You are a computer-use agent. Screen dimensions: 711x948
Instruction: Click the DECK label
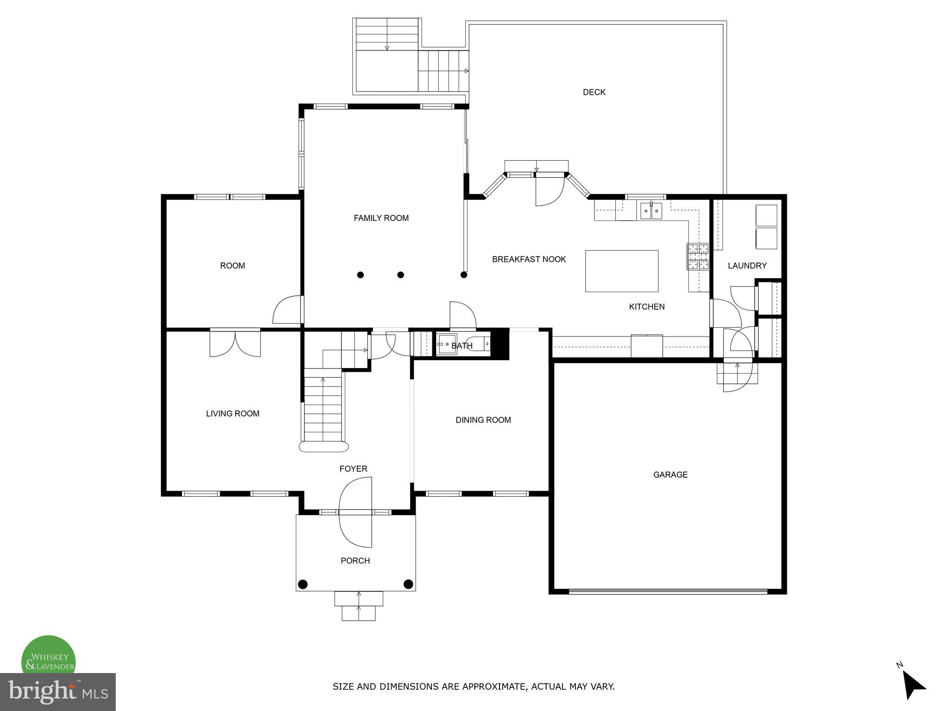594,92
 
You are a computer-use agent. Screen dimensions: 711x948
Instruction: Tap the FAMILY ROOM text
381,218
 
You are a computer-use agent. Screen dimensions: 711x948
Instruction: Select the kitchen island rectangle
622,271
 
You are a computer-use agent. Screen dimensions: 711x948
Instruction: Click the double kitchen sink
651,211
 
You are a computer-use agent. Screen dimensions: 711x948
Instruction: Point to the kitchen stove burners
698,256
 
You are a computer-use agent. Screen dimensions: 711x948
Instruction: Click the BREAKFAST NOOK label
529,259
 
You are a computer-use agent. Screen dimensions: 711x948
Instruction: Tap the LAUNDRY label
747,266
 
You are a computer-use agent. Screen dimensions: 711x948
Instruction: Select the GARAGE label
670,474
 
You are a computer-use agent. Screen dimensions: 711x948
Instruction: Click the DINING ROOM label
483,420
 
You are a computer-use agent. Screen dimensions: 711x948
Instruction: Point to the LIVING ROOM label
232,414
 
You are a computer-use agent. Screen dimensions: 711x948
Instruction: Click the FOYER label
353,469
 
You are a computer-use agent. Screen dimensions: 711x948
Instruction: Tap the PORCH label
355,561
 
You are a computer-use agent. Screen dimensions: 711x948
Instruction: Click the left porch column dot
303,584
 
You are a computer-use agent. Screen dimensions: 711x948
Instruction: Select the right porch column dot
408,584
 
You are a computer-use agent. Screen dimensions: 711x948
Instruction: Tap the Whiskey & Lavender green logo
49,657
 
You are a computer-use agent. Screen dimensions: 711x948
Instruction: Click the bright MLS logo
57,692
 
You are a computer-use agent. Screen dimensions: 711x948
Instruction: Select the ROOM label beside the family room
232,266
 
